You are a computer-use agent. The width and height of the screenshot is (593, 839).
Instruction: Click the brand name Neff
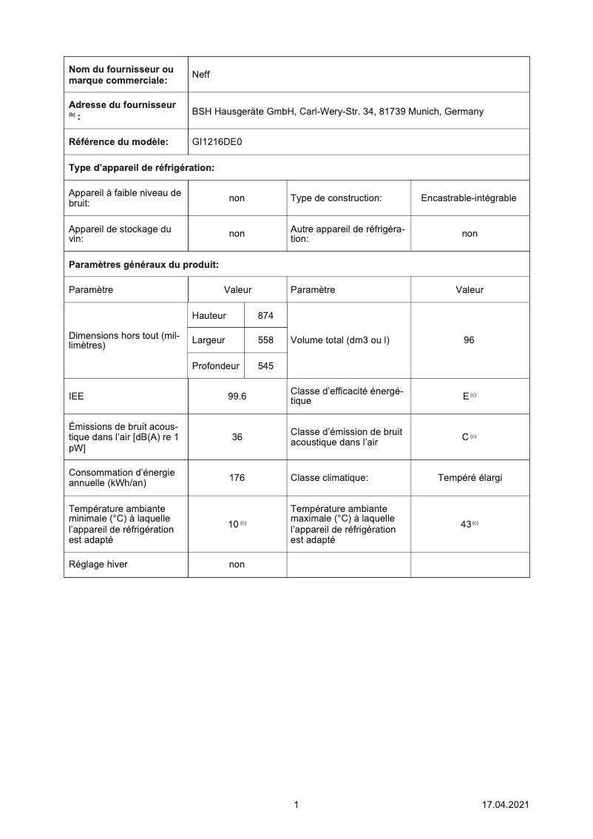click(x=201, y=75)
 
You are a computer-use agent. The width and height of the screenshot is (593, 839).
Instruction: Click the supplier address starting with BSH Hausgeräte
click(x=337, y=112)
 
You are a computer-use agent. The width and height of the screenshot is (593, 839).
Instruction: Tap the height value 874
click(x=265, y=316)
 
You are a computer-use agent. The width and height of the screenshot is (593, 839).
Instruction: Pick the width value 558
click(x=265, y=340)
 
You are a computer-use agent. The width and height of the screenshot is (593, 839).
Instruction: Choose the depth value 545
click(x=265, y=365)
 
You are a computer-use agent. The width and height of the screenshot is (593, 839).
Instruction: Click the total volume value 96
click(x=469, y=340)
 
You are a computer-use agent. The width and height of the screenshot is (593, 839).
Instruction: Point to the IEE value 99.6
click(x=237, y=396)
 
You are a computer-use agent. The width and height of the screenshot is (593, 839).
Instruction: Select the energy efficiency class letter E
click(x=466, y=396)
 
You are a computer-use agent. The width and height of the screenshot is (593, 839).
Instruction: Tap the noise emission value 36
click(x=237, y=437)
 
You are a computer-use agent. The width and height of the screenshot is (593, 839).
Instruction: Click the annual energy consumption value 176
click(x=237, y=478)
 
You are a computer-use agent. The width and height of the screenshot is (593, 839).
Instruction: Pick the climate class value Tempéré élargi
click(x=470, y=478)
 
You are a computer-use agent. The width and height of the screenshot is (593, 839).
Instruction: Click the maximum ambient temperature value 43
click(x=467, y=524)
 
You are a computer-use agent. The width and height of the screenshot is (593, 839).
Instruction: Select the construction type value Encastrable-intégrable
click(x=469, y=198)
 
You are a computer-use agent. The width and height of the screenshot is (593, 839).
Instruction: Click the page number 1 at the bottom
click(x=296, y=804)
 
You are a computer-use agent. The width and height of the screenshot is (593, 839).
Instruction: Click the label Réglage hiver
click(x=98, y=565)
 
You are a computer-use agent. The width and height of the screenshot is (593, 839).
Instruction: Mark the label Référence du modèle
click(x=118, y=141)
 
